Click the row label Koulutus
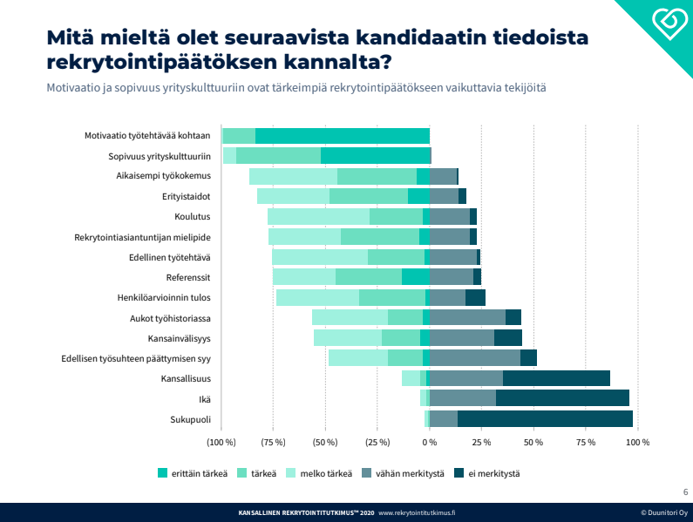point(192,217)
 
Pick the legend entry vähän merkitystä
point(409,474)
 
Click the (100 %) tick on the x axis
point(221,443)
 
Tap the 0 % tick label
point(430,443)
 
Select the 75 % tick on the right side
point(586,443)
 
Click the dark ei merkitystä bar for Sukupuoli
point(545,419)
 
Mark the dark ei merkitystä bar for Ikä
point(562,398)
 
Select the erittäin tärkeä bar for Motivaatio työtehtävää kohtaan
point(343,136)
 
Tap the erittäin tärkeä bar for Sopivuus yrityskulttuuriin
point(376,156)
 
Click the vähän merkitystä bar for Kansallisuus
point(466,378)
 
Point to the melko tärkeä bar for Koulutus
point(318,217)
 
